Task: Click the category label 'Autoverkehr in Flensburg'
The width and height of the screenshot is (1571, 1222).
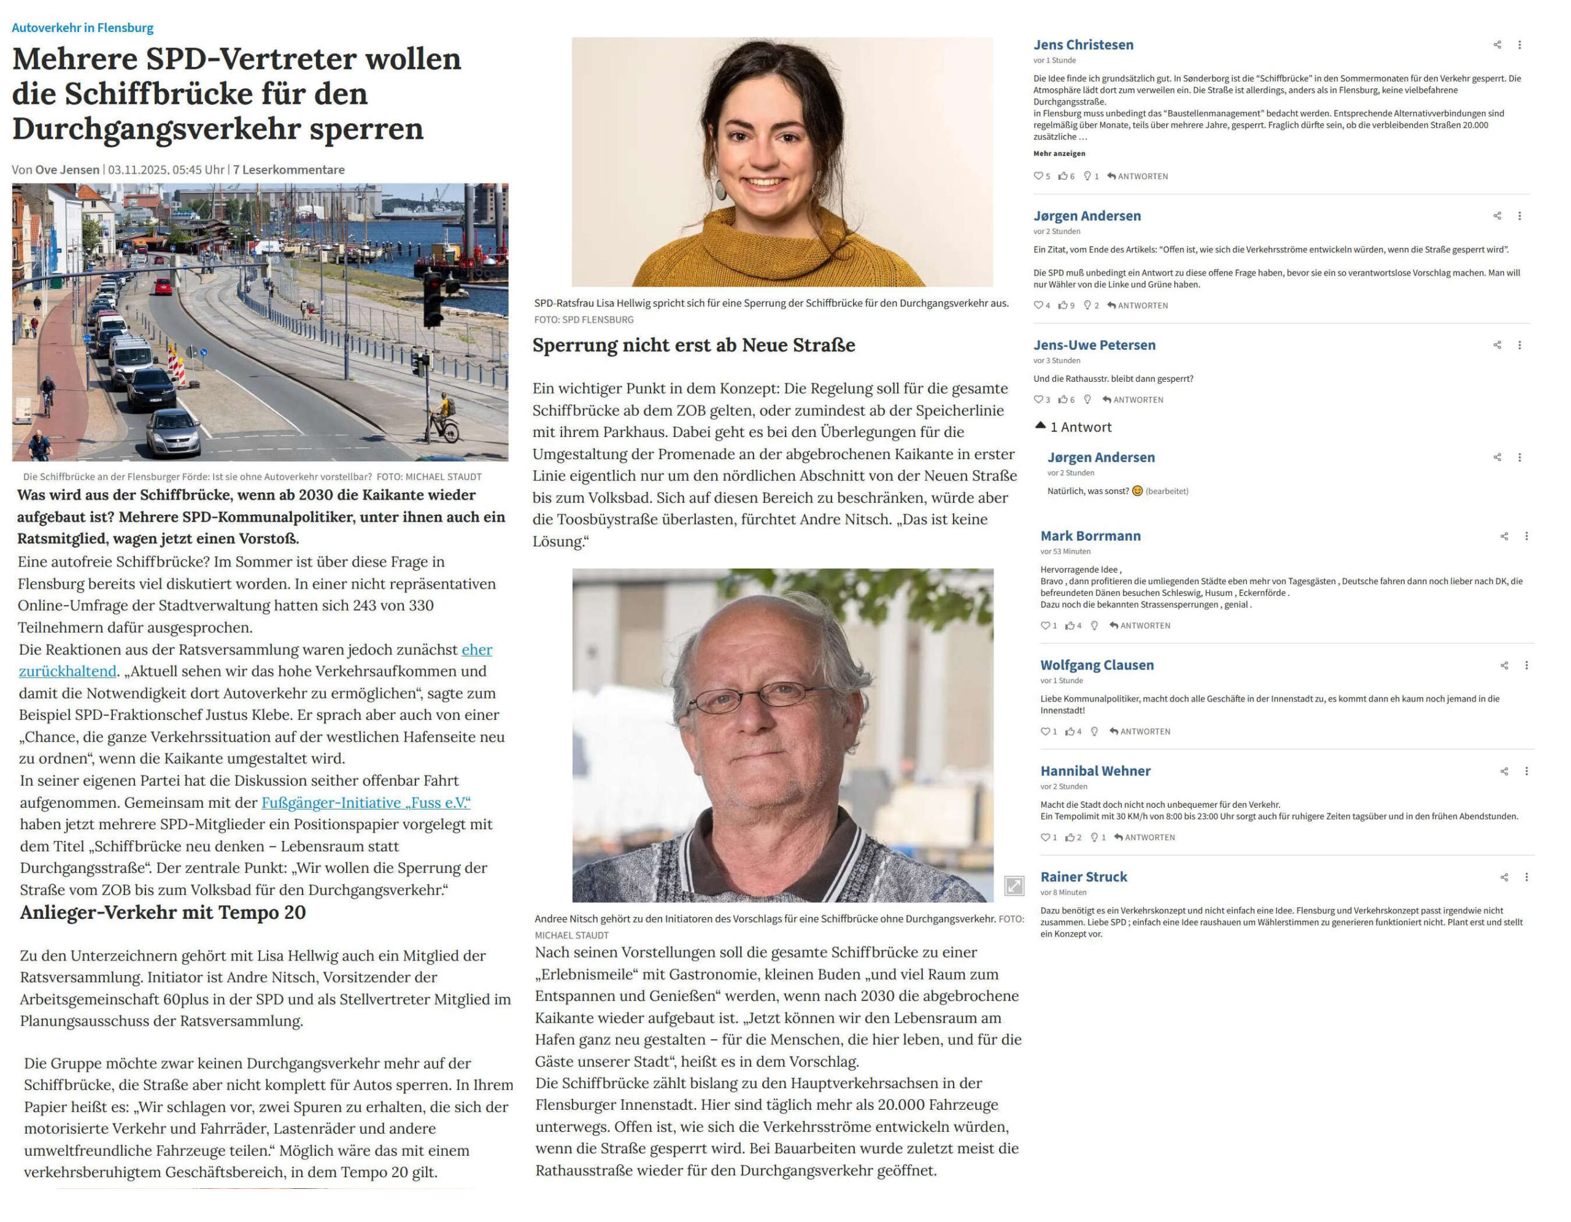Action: pyautogui.click(x=82, y=28)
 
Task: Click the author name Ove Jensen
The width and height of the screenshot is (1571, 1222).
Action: pyautogui.click(x=68, y=170)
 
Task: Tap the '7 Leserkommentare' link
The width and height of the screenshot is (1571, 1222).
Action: pyautogui.click(x=288, y=170)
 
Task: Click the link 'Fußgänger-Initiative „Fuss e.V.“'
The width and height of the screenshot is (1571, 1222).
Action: pyautogui.click(x=365, y=803)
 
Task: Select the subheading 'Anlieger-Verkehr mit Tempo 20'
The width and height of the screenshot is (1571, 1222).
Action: pyautogui.click(x=163, y=913)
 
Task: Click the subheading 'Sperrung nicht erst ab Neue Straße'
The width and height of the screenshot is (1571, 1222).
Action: pyautogui.click(x=693, y=345)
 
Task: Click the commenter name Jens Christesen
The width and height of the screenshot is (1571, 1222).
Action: pyautogui.click(x=1083, y=45)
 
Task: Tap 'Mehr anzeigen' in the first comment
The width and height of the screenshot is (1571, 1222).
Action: pyautogui.click(x=1059, y=153)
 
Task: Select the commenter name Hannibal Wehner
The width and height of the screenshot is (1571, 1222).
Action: pyautogui.click(x=1095, y=771)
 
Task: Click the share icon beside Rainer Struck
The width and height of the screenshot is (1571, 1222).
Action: pyautogui.click(x=1504, y=878)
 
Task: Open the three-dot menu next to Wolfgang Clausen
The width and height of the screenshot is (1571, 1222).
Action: pyautogui.click(x=1526, y=665)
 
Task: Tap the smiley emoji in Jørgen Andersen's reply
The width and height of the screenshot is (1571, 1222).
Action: pyautogui.click(x=1137, y=491)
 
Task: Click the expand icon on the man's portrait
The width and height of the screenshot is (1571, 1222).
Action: pyautogui.click(x=1014, y=886)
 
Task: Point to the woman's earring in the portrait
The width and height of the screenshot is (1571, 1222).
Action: pyautogui.click(x=719, y=188)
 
